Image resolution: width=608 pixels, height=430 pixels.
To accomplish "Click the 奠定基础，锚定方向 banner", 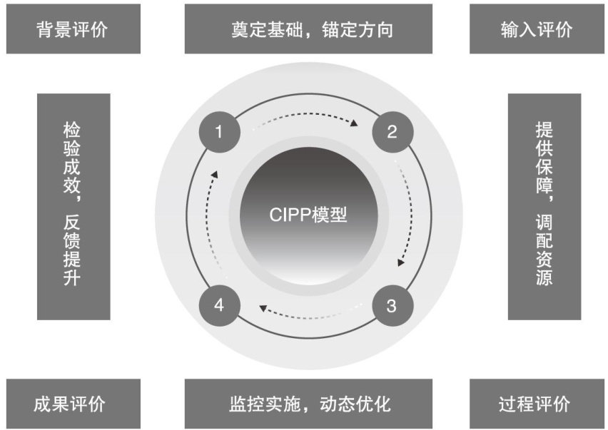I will point(308,29).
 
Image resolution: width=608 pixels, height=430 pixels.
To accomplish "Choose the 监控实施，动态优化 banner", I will point(308,403).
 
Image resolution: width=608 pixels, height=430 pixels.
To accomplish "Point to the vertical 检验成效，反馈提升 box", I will point(73,206).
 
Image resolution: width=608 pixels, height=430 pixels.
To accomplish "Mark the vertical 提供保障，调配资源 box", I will point(544,206).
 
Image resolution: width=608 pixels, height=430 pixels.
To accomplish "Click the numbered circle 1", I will point(220,132).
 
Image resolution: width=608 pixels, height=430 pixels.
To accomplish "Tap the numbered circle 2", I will point(391,132).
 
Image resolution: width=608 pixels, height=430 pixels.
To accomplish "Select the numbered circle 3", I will point(391,306).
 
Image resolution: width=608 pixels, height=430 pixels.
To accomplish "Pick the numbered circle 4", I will point(220,306).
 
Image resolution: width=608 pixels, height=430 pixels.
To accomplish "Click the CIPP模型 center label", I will point(308,215).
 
